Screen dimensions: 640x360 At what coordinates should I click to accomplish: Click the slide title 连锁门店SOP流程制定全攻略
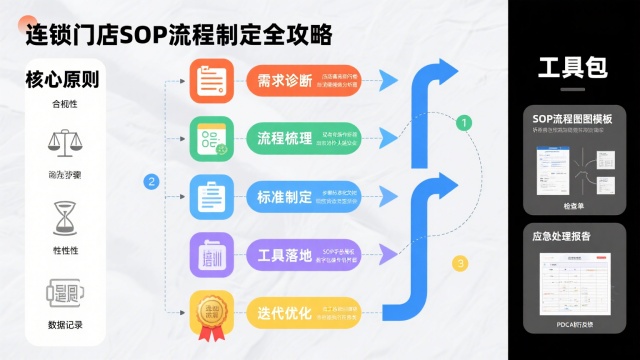(178, 36)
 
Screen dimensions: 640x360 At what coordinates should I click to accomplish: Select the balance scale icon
(62, 142)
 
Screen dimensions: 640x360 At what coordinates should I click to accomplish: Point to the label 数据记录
(62, 325)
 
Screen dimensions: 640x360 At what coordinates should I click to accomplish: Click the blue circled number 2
(152, 181)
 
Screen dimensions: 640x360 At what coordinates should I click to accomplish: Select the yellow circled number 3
(460, 264)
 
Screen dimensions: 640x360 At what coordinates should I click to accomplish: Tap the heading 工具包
(573, 68)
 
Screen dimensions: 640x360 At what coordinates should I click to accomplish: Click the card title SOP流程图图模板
(573, 119)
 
